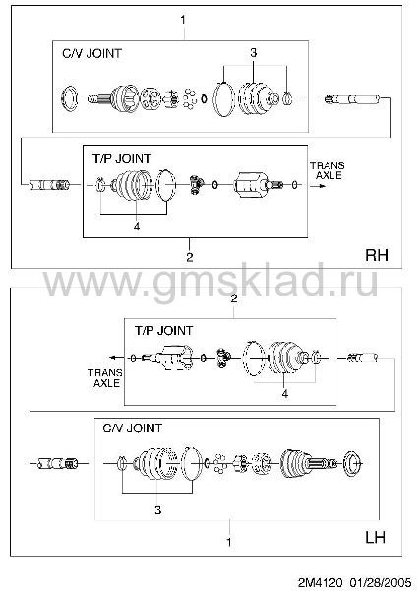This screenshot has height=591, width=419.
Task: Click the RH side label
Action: click(377, 255)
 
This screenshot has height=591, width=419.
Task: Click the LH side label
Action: click(376, 537)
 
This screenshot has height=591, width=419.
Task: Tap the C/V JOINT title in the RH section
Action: click(91, 53)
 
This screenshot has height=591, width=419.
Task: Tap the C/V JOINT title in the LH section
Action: click(132, 428)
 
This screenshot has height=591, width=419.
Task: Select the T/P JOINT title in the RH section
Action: click(122, 158)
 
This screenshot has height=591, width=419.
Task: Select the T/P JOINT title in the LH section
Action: click(163, 331)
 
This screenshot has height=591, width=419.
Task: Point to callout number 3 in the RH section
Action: click(254, 53)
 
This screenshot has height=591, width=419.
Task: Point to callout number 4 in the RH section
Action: click(137, 227)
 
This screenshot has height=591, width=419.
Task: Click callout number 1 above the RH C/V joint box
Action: click(183, 20)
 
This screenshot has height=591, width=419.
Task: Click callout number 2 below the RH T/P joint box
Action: click(190, 257)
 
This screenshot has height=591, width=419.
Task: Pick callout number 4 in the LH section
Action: click(285, 393)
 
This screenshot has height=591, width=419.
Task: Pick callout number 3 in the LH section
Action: click(158, 510)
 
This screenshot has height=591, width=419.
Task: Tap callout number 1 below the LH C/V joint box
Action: click(229, 542)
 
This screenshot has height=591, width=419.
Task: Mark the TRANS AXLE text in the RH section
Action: click(328, 170)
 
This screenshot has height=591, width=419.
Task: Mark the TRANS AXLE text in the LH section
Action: click(105, 378)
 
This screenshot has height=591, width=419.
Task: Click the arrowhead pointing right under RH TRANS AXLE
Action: click(321, 186)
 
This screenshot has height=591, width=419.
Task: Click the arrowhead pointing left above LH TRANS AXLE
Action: click(112, 358)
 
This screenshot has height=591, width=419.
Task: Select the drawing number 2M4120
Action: click(321, 582)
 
